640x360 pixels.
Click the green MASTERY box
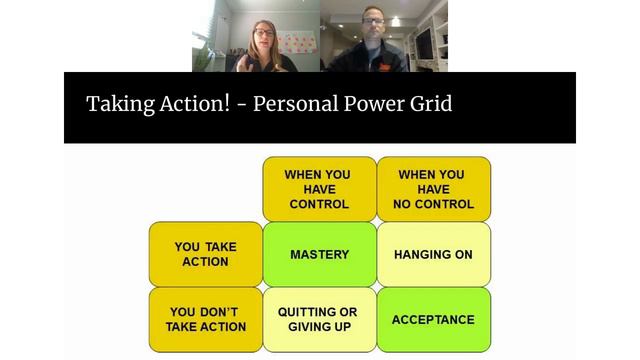(x=319, y=254)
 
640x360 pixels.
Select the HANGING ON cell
(x=433, y=254)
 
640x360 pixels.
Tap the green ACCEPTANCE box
(x=433, y=320)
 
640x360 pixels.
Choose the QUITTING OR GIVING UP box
(x=319, y=320)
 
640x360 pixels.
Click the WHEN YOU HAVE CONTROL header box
(x=319, y=189)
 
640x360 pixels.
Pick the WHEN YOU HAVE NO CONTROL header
(x=433, y=189)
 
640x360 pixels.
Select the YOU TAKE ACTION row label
(x=205, y=254)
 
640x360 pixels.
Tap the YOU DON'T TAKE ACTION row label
(x=205, y=320)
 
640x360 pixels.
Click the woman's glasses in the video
(x=263, y=33)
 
